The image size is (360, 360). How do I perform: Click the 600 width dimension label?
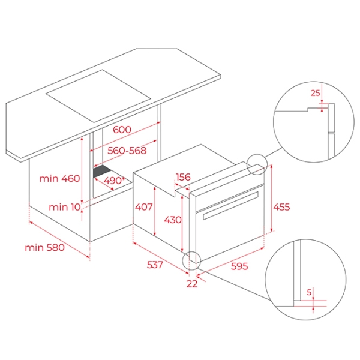pos(122,130)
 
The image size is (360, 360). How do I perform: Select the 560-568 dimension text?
pos(127,151)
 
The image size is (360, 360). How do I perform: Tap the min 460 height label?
pos(59,178)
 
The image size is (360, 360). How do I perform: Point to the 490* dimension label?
pos(114,181)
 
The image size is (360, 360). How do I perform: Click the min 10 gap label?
pos(65,207)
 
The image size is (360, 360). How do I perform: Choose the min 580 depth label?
pos(44,247)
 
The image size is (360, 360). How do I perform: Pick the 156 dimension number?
pos(183,177)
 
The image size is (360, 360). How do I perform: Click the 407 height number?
pos(143,207)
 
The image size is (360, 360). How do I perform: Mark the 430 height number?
pos(173,220)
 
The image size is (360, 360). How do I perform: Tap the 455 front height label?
pos(281,207)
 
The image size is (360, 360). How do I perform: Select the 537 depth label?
pos(155,265)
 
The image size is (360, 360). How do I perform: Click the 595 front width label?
pos(239,266)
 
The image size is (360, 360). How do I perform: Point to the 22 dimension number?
pos(192,284)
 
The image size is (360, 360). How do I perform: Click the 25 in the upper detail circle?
pos(315,93)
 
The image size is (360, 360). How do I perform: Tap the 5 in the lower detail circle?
pos(309,292)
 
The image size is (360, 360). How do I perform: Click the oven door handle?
pos(230,205)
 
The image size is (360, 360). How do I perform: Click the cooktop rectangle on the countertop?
pos(98,96)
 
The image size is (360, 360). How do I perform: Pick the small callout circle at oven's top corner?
pos(257,154)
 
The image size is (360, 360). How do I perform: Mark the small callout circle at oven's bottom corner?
pos(191,251)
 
